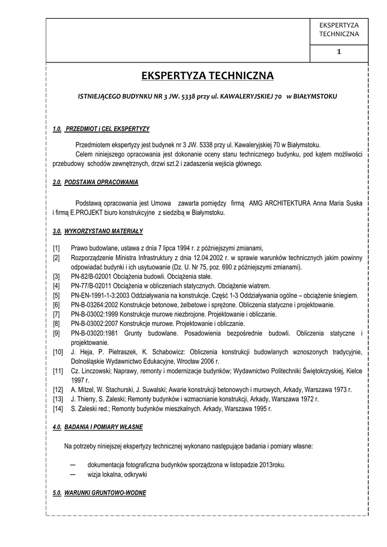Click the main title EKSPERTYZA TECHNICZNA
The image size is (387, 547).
(207, 76)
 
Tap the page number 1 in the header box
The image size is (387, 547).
(339, 52)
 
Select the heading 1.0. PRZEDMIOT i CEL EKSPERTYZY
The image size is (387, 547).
(101, 129)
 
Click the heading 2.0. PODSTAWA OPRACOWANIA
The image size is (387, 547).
(96, 182)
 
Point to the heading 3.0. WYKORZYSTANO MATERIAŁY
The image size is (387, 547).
(98, 231)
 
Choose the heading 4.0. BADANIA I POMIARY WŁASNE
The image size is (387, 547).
(98, 427)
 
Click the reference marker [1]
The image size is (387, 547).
(56, 248)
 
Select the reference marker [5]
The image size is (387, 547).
(56, 295)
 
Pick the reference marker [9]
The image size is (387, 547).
(56, 333)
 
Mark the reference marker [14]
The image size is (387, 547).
(58, 409)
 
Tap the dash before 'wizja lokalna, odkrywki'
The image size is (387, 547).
(73, 474)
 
